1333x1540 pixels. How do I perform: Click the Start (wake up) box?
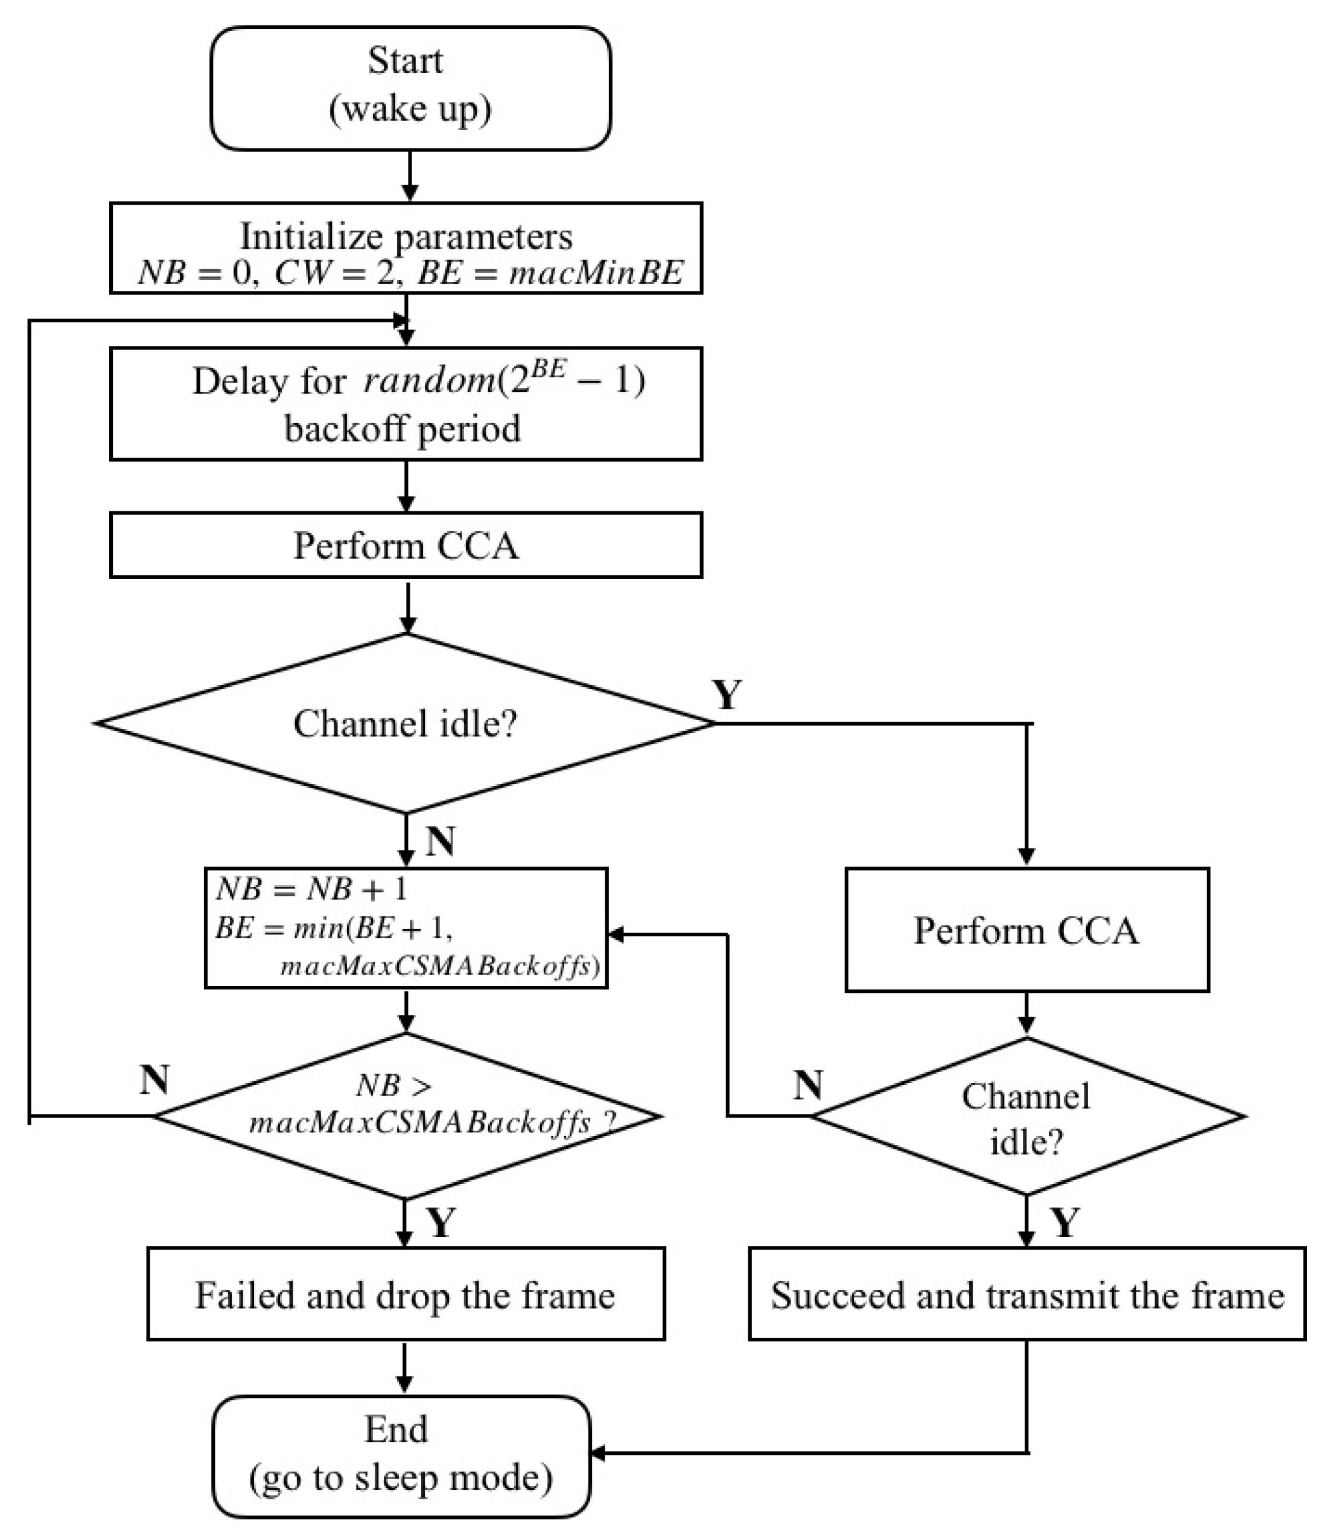(x=410, y=89)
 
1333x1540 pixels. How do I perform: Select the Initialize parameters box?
(x=406, y=248)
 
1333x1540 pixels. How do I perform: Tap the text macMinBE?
(x=596, y=273)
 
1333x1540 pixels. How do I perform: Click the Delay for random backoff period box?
(x=406, y=403)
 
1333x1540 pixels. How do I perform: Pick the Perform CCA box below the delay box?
(x=406, y=545)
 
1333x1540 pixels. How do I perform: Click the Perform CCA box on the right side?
(x=1027, y=930)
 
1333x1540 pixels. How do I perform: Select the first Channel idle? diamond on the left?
(x=406, y=723)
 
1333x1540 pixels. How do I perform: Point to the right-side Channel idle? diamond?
(x=1027, y=1116)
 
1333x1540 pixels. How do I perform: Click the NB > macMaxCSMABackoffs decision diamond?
(x=406, y=1116)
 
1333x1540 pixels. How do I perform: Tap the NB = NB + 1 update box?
(x=406, y=928)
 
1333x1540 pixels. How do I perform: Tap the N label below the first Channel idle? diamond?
(x=441, y=841)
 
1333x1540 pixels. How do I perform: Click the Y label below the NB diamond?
(x=441, y=1222)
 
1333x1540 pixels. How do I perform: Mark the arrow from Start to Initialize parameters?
(x=410, y=176)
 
